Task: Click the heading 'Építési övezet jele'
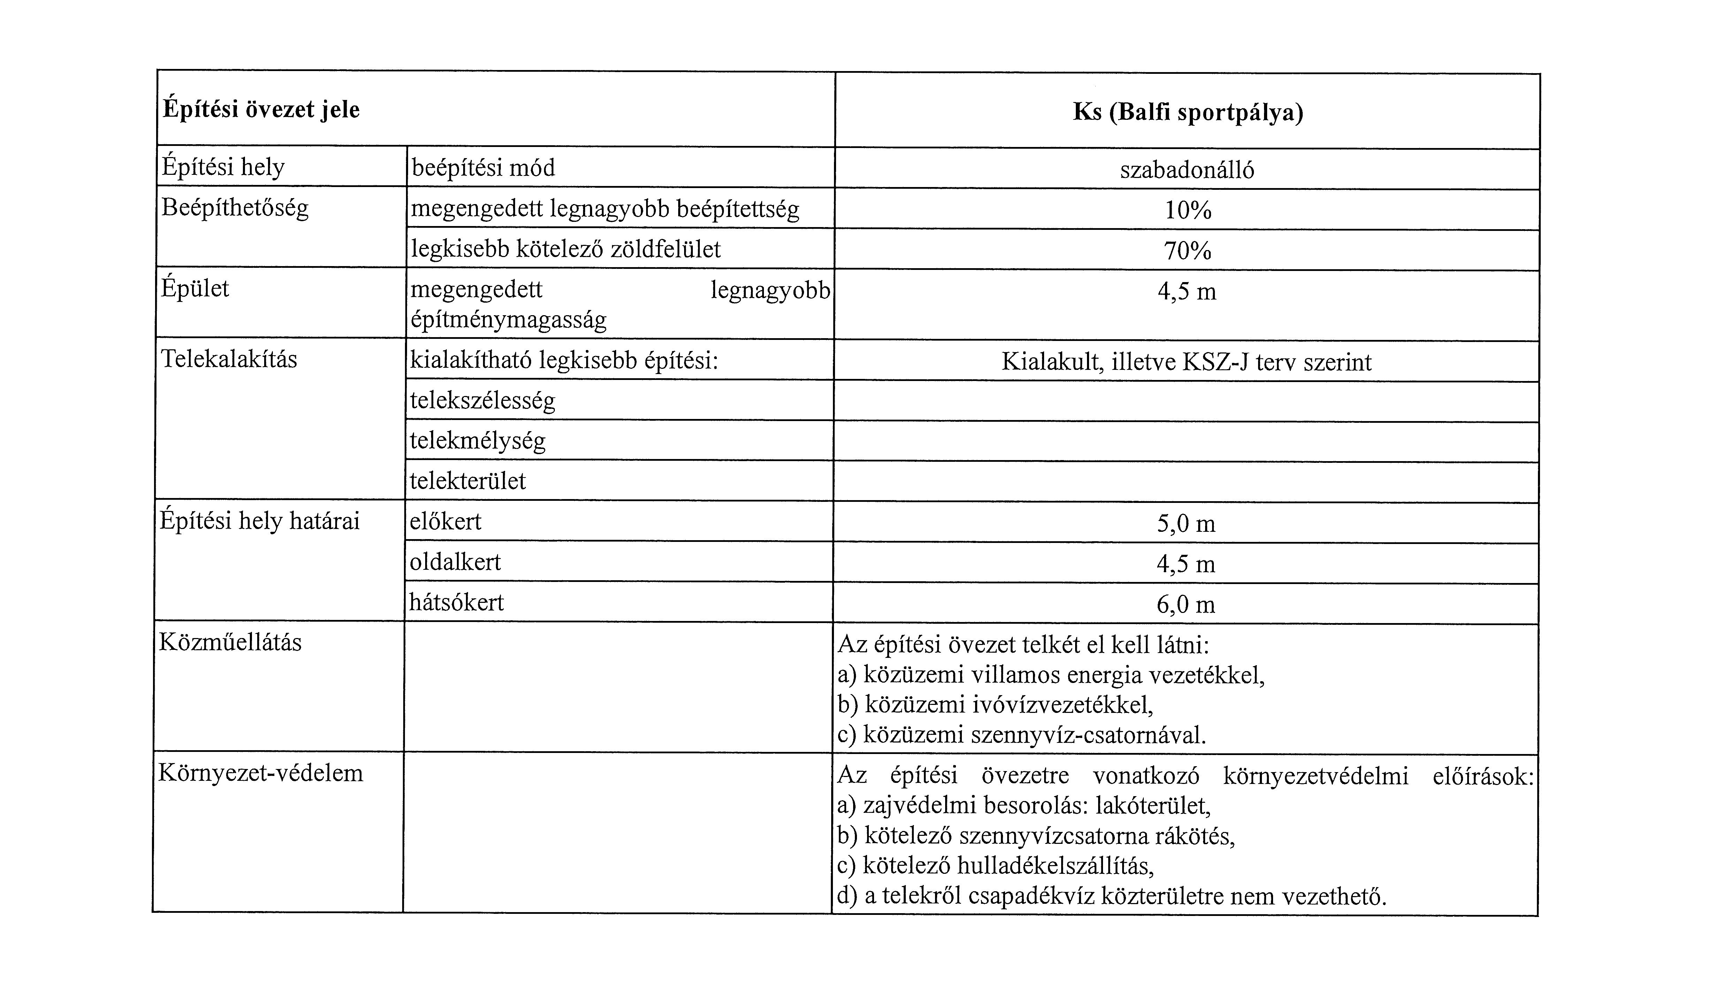261,110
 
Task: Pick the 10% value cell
1187,210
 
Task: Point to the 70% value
1187,251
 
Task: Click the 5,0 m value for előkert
1186,523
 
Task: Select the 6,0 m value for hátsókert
1186,604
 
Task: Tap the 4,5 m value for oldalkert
1186,564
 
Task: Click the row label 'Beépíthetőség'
235,207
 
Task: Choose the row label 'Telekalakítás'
229,359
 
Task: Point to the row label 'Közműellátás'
230,642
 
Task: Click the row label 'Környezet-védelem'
260,773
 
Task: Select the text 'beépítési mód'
483,168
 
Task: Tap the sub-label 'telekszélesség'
483,401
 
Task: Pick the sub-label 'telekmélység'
478,441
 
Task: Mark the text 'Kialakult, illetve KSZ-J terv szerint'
1186,362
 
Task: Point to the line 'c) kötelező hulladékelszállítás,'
995,866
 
